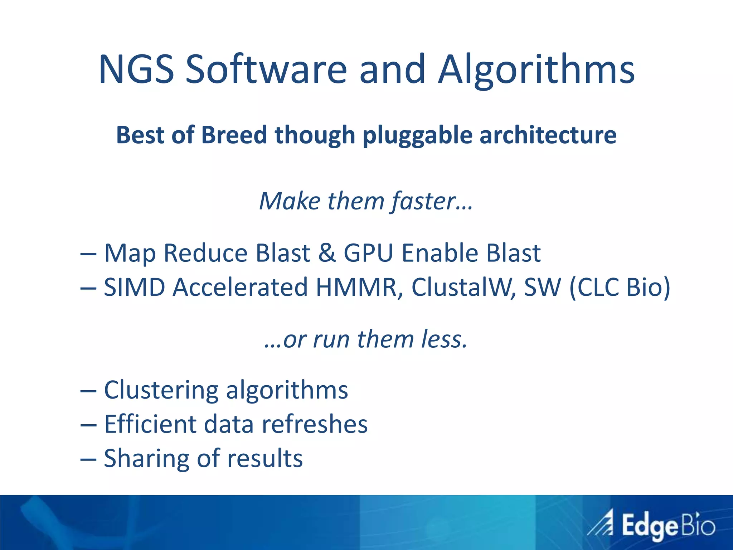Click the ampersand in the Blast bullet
click(326, 253)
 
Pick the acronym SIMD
click(134, 287)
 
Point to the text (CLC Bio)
click(619, 287)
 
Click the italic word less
click(444, 339)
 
